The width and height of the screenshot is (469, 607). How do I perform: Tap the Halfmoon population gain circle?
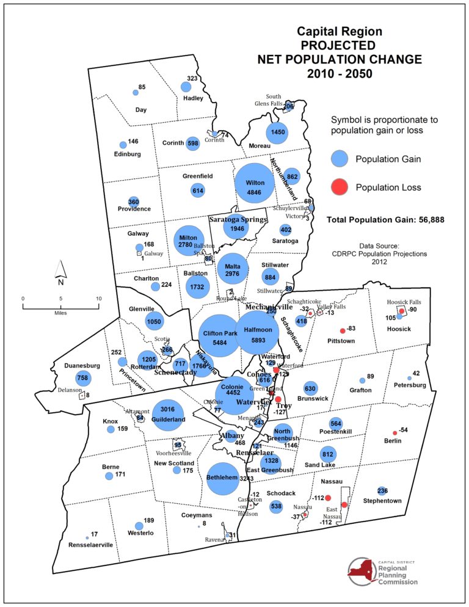[x=257, y=333]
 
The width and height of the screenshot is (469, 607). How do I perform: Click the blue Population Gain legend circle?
[x=340, y=159]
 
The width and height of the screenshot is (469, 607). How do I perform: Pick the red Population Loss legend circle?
[x=340, y=187]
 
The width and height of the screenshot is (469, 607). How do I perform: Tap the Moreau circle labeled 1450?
[x=276, y=133]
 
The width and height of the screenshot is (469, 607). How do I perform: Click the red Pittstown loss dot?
[x=343, y=330]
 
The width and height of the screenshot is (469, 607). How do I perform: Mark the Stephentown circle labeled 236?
[x=382, y=491]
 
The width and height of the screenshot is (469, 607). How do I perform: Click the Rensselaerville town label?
[x=91, y=545]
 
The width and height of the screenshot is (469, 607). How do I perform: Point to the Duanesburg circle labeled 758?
[x=83, y=379]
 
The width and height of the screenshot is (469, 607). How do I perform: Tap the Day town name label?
[x=141, y=110]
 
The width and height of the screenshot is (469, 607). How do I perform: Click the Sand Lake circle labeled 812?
[x=328, y=454]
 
